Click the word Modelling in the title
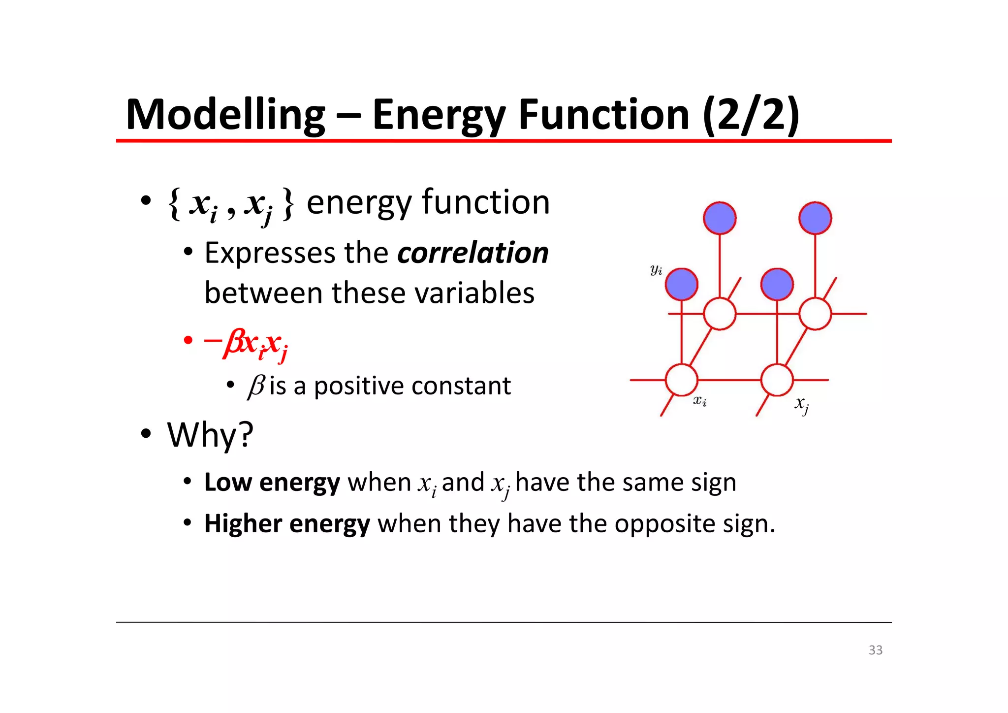(225, 115)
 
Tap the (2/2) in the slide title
(751, 115)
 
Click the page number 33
(875, 650)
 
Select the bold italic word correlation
(472, 253)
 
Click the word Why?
(210, 435)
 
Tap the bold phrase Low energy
(272, 483)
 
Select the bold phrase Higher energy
(287, 523)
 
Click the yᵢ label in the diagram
(656, 270)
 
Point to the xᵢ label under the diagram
(700, 401)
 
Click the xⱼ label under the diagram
(801, 404)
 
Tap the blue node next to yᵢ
(681, 284)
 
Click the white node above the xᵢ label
(681, 380)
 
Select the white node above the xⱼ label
(777, 380)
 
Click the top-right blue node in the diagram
(815, 218)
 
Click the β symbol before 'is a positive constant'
(256, 386)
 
